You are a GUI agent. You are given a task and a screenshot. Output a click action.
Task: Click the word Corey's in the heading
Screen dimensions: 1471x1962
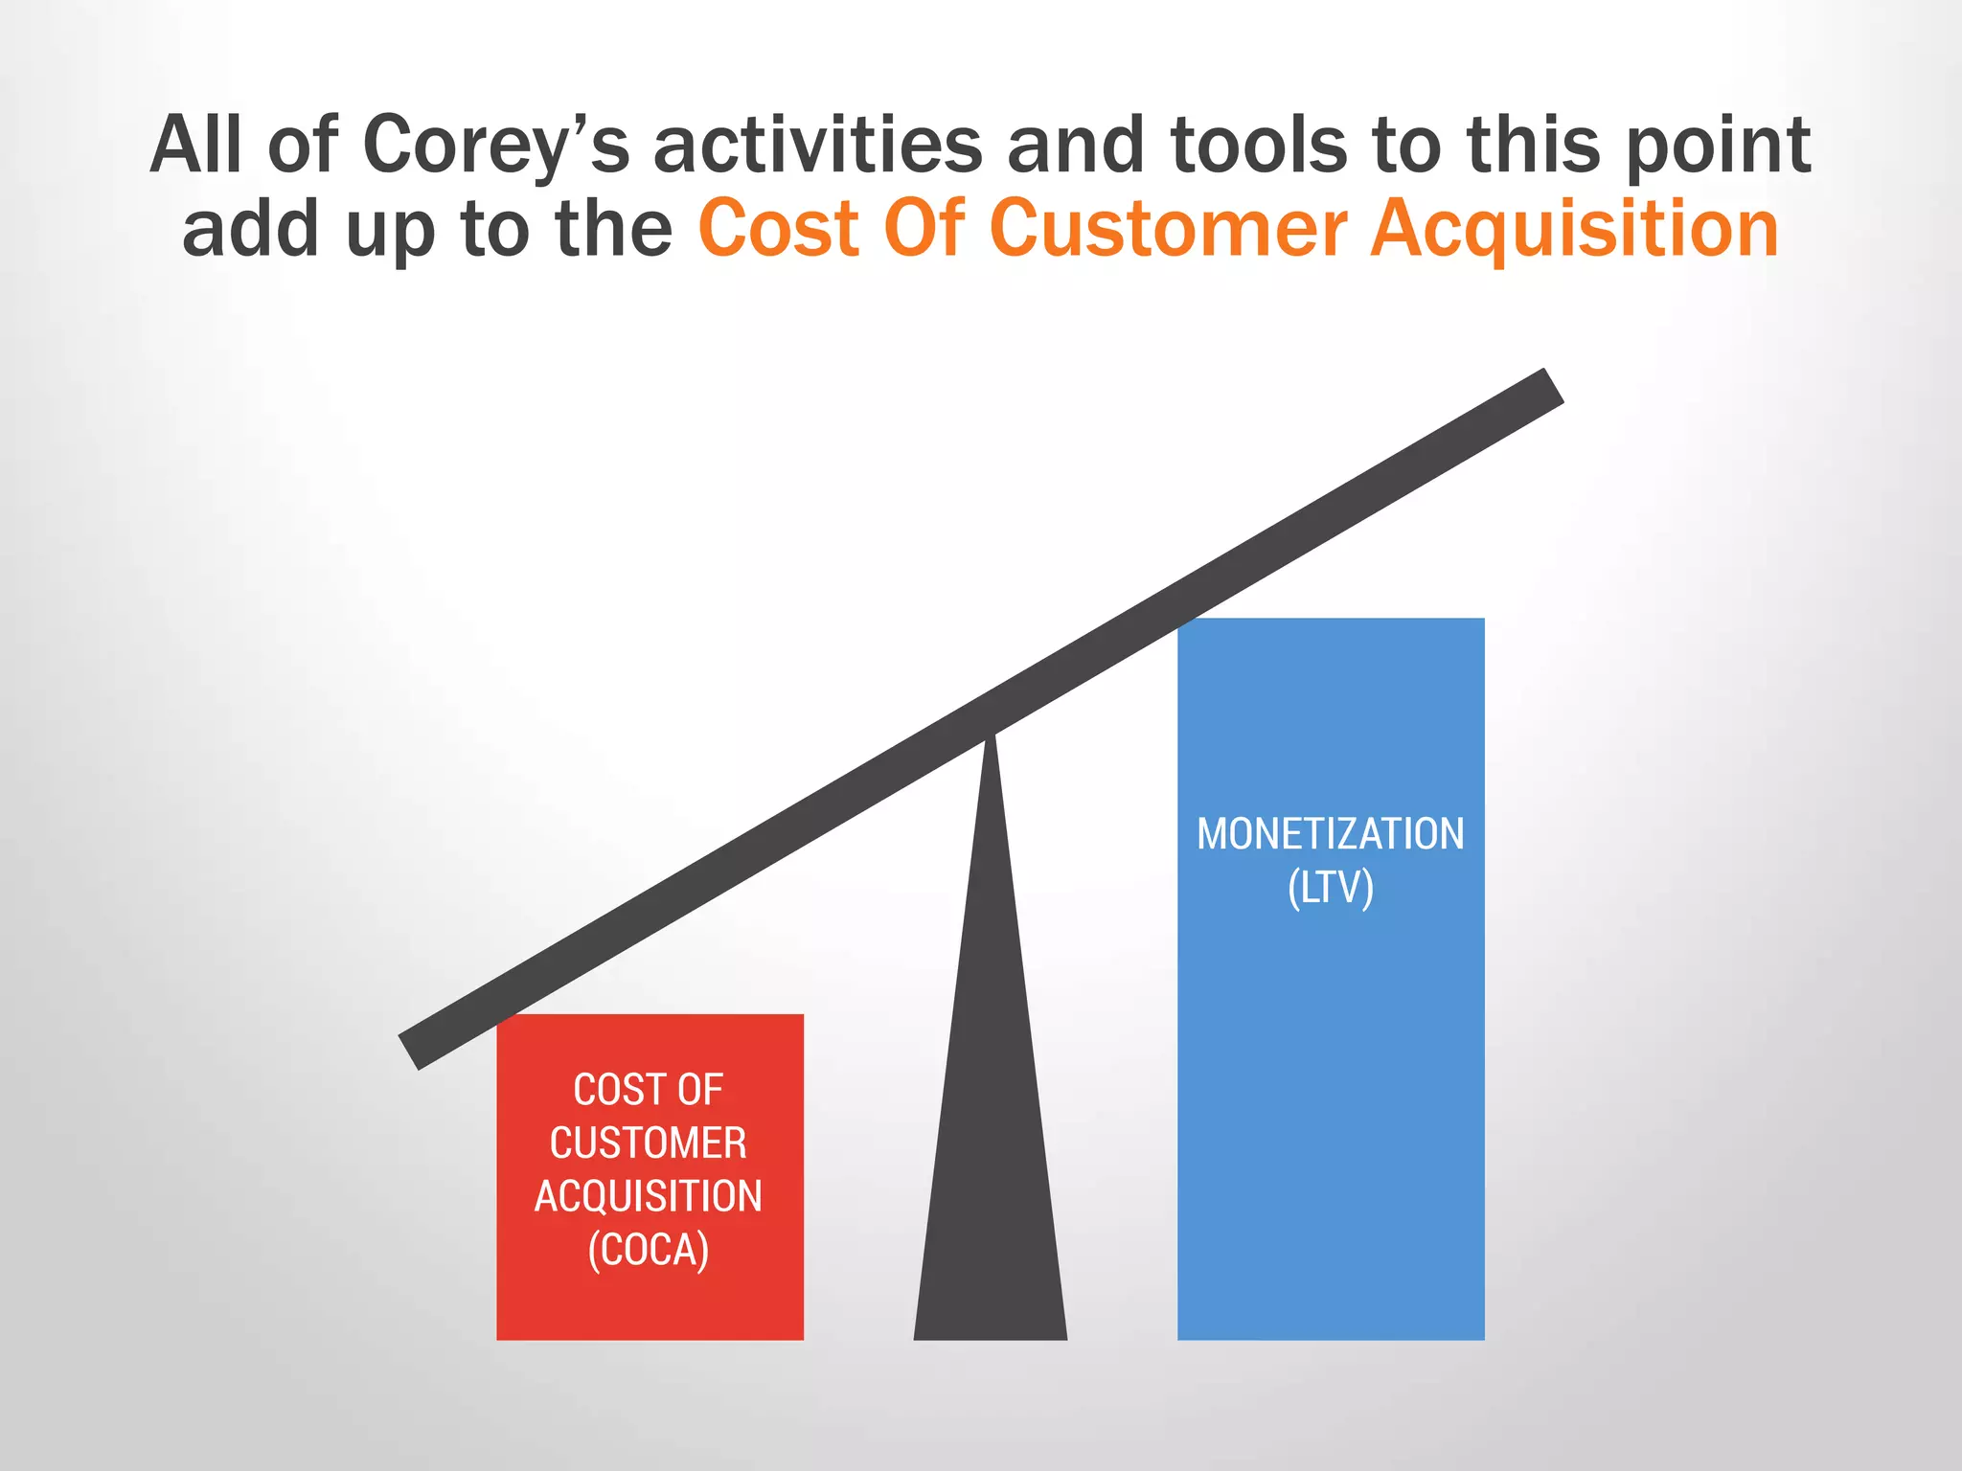(496, 146)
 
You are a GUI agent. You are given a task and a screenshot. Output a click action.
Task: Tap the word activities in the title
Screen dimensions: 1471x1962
(818, 146)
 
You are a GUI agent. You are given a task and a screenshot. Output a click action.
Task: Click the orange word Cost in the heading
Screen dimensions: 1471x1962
(779, 229)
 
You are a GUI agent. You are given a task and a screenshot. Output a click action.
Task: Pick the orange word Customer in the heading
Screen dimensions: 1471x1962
(1167, 229)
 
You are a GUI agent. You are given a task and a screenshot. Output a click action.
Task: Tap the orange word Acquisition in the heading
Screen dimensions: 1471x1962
(1574, 231)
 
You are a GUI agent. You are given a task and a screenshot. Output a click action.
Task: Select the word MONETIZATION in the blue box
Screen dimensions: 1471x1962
(1331, 834)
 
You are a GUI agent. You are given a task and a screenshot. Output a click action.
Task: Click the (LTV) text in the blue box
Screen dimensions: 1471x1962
(1331, 888)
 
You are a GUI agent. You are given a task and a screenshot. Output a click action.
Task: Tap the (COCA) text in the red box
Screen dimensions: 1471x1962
(649, 1251)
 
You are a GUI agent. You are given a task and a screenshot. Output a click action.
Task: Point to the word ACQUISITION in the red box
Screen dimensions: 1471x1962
(649, 1197)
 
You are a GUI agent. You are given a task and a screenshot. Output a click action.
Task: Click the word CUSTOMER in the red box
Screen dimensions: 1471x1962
(649, 1143)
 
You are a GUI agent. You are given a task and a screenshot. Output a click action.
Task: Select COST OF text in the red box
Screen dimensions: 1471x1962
(649, 1090)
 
